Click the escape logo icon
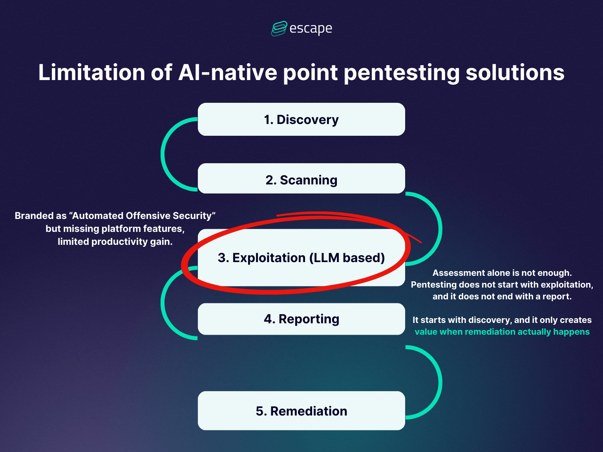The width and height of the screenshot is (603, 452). pos(279,29)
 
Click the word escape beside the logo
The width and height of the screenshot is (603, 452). pos(311,29)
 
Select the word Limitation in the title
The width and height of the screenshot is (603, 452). pos(91,73)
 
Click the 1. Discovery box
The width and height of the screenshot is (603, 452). pos(301,119)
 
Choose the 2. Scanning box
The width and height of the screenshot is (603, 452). pos(301,179)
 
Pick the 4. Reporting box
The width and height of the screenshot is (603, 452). pos(301,319)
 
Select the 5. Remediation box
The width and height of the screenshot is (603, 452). pos(301,410)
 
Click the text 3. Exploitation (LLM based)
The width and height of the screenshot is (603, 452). pos(301,258)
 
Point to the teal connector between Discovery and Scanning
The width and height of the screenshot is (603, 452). pos(163,154)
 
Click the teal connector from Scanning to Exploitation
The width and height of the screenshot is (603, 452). pos(440,229)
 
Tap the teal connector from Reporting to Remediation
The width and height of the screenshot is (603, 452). pos(440,382)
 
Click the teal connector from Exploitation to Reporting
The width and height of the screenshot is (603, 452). pos(163,303)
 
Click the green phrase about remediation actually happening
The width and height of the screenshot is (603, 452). pos(502,332)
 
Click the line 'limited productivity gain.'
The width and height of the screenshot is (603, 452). pos(115,242)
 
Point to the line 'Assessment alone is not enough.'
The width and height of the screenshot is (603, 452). pos(502,273)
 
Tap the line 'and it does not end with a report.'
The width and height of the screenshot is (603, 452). pos(502,296)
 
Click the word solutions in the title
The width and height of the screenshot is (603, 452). pos(515,73)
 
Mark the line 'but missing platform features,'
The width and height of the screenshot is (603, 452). pos(115,229)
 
